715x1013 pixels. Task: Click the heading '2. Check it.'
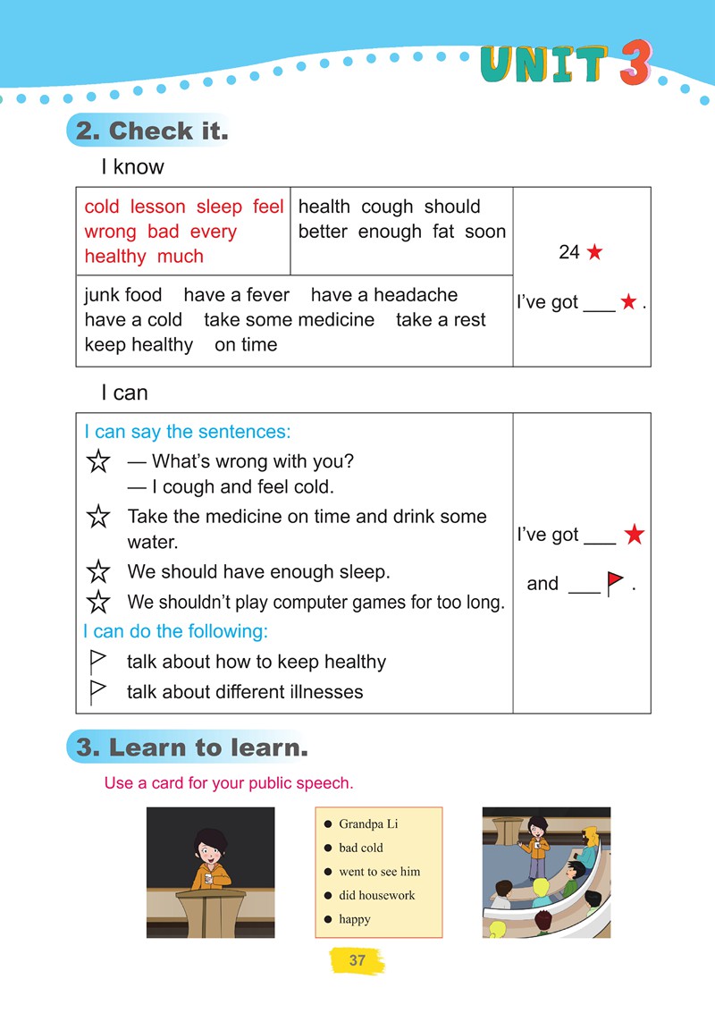tap(152, 131)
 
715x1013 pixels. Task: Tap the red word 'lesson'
tap(157, 207)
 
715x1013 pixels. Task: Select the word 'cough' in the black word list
tap(387, 207)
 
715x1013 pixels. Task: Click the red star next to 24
tap(594, 253)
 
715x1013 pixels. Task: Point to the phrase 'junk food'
tap(123, 295)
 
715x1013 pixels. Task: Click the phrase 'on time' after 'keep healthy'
tap(246, 345)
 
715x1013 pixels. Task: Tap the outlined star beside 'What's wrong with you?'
tap(98, 462)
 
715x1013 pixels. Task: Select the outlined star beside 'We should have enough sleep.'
tap(98, 572)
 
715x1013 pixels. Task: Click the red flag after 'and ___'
tap(615, 584)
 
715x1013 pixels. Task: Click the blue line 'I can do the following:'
tap(175, 631)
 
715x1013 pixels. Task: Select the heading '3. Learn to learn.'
tap(192, 747)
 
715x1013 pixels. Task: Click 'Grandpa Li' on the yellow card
tap(368, 824)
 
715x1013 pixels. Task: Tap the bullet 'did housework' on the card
tap(376, 895)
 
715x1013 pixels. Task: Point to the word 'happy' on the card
tap(354, 919)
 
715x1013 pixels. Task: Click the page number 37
tap(357, 961)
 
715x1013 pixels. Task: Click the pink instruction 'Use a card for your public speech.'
tap(229, 783)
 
